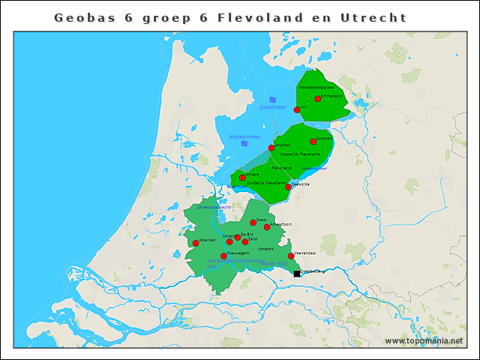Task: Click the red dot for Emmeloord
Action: [x=318, y=98]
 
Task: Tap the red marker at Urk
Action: [x=297, y=109]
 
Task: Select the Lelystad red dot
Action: [x=271, y=148]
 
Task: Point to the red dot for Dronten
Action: [x=313, y=141]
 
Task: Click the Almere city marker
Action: [x=242, y=178]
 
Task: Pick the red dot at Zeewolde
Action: [x=288, y=187]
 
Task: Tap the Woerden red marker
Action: [x=196, y=243]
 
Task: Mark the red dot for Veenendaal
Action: [x=291, y=256]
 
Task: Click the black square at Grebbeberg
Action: [x=297, y=274]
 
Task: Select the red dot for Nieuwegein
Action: [x=223, y=256]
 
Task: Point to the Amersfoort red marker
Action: [x=267, y=226]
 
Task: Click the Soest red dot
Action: [x=253, y=223]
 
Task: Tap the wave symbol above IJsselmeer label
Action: [x=273, y=100]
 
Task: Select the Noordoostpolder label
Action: [x=316, y=88]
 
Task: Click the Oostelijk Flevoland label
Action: [x=299, y=154]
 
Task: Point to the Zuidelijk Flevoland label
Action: [x=265, y=182]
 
